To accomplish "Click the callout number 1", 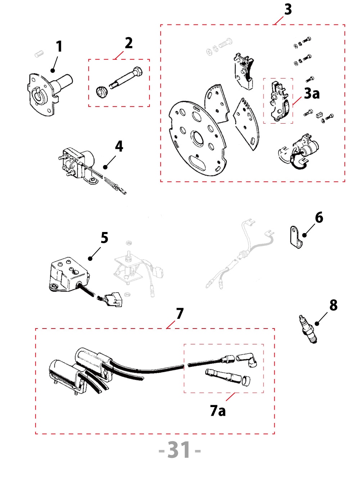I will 59,46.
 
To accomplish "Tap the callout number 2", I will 129,43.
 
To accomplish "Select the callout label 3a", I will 312,94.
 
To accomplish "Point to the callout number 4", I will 119,147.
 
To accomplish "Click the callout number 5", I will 104,238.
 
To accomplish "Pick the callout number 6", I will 319,218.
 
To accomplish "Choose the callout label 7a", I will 218,411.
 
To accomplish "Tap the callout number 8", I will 333,305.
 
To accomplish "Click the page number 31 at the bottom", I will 180,450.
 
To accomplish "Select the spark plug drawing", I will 308,329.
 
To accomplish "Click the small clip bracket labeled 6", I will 296,237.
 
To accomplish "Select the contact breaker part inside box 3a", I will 279,101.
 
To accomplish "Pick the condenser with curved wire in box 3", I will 301,151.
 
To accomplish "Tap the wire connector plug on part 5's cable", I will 112,299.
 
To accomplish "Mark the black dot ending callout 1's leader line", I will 53,71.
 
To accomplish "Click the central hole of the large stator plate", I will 197,138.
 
